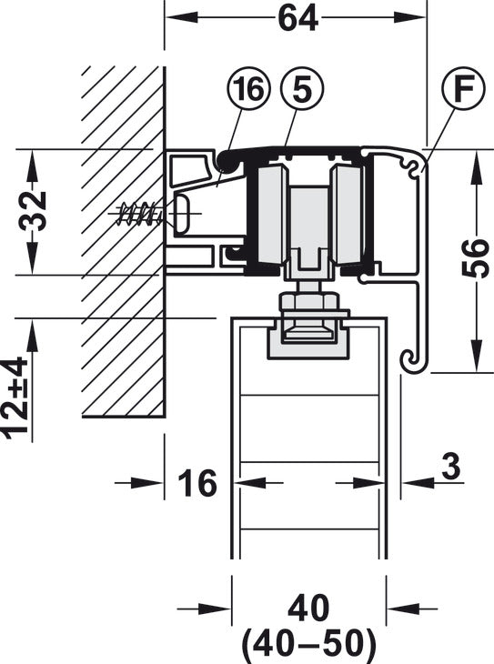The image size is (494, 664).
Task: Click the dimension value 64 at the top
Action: pos(297,19)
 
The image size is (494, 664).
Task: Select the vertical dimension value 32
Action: pos(34,211)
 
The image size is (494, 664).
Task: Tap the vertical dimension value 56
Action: pos(476,258)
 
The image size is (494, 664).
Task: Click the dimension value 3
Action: pos(450,467)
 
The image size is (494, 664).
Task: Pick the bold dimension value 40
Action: pos(308,609)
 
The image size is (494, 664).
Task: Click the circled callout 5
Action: pos(302,89)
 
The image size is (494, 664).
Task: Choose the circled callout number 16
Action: pos(248,89)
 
